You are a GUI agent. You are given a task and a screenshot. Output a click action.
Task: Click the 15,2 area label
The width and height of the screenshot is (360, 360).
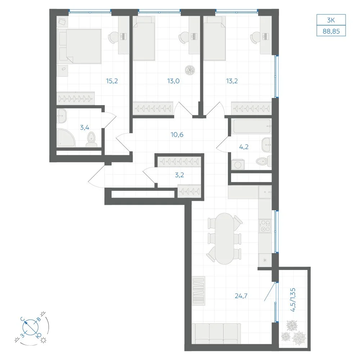coord(112,81)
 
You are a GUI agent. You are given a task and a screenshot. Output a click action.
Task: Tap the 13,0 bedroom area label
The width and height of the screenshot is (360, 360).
coord(174,81)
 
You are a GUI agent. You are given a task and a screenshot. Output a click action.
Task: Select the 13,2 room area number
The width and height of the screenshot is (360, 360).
coord(231,81)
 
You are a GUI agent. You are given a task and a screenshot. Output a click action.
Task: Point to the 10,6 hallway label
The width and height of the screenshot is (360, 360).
coord(177,135)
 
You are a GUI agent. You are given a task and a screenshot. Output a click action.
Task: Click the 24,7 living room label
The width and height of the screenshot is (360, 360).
coord(241,296)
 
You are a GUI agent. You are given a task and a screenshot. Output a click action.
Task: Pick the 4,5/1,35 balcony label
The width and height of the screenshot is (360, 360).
coord(293,300)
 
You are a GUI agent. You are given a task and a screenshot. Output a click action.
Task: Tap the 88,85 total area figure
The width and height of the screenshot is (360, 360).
coord(331,31)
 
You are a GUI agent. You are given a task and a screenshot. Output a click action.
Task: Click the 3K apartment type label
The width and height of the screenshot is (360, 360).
coord(331,20)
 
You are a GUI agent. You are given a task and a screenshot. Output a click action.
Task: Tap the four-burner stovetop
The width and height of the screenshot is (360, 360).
coord(265,226)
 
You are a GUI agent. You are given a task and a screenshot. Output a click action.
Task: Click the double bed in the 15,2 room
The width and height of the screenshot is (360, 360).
coord(79,46)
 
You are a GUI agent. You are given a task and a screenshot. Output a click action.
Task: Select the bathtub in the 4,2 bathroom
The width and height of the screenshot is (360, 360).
coord(251,126)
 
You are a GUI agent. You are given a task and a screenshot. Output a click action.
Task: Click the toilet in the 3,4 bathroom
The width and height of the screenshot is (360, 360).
coord(91,140)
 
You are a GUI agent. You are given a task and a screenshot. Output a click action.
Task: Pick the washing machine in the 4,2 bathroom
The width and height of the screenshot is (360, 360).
coord(238,165)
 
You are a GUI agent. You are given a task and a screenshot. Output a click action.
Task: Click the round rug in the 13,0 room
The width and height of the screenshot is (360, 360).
coord(190,70)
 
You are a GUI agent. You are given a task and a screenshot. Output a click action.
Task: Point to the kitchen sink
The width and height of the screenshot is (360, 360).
coord(265,192)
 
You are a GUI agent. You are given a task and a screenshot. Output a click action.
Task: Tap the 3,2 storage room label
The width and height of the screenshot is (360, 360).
coord(179,175)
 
